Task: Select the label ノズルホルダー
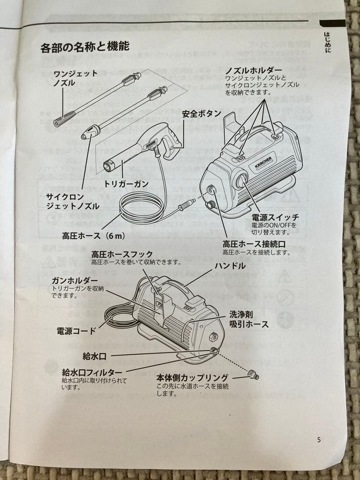[x=253, y=71]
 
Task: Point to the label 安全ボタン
[x=201, y=114]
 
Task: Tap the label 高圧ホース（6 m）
[x=92, y=235]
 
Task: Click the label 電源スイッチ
[x=275, y=217]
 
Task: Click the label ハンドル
[x=230, y=266]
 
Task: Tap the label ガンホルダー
[x=74, y=280]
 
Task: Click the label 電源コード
[x=76, y=331]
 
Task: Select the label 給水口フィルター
[x=92, y=372]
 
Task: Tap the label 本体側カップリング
[x=192, y=378]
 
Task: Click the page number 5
[x=319, y=440]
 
